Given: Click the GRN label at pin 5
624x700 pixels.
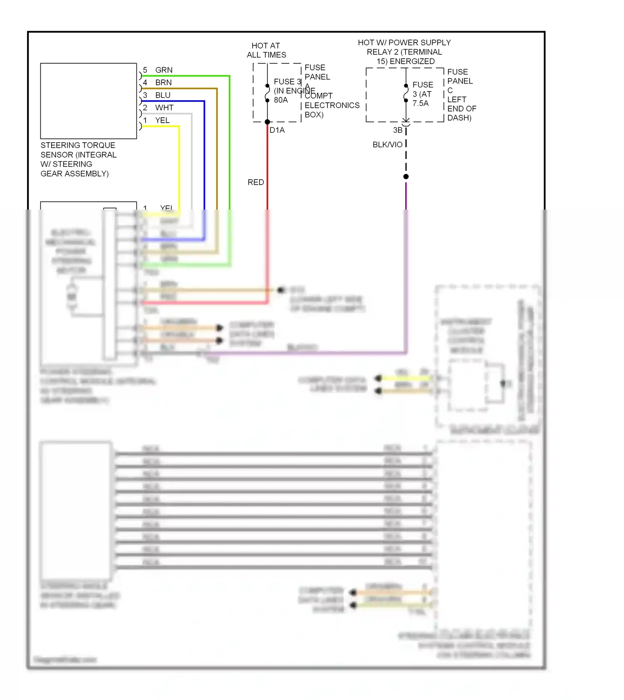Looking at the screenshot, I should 163,70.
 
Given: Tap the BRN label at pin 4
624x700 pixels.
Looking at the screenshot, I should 163,82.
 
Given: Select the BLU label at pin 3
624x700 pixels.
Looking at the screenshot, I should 163,95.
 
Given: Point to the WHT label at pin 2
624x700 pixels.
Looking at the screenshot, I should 164,108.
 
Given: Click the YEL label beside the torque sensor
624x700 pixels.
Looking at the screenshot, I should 162,121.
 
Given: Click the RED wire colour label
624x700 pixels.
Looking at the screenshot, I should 255,182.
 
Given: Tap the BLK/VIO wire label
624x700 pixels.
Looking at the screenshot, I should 387,145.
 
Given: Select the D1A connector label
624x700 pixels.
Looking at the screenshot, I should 277,130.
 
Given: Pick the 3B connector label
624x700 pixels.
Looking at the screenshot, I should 398,130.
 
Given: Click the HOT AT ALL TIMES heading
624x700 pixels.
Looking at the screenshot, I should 266,50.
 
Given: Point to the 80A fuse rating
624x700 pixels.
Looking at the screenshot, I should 281,100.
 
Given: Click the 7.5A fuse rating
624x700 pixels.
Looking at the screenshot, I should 420,104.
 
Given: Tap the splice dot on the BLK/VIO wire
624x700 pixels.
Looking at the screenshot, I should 406,177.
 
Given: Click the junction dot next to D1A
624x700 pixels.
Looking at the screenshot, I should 267,122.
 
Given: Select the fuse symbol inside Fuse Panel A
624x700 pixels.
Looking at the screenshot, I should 267,93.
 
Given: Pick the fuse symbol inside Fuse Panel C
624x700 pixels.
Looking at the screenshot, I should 406,93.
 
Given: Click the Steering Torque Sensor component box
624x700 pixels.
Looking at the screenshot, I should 89,101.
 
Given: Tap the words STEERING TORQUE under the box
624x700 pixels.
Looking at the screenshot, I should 78,145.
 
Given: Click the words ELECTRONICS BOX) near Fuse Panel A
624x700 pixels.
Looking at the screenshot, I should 332,110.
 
